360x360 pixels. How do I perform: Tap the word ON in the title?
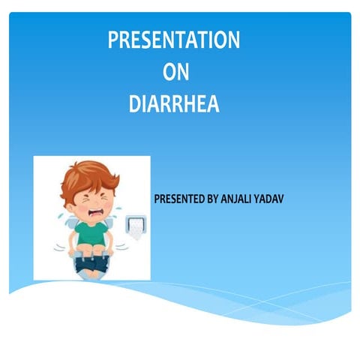click(175, 72)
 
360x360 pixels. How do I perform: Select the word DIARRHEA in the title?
click(174, 103)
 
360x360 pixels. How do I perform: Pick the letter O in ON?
click(168, 72)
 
